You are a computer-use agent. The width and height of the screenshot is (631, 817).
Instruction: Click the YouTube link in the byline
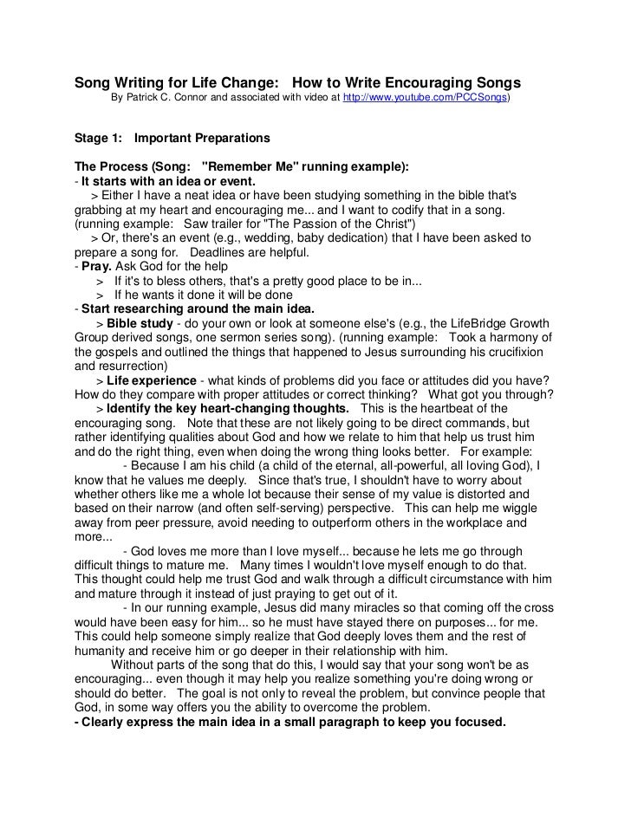coord(426,99)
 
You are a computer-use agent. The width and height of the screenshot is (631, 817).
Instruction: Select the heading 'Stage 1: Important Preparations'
coord(172,139)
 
